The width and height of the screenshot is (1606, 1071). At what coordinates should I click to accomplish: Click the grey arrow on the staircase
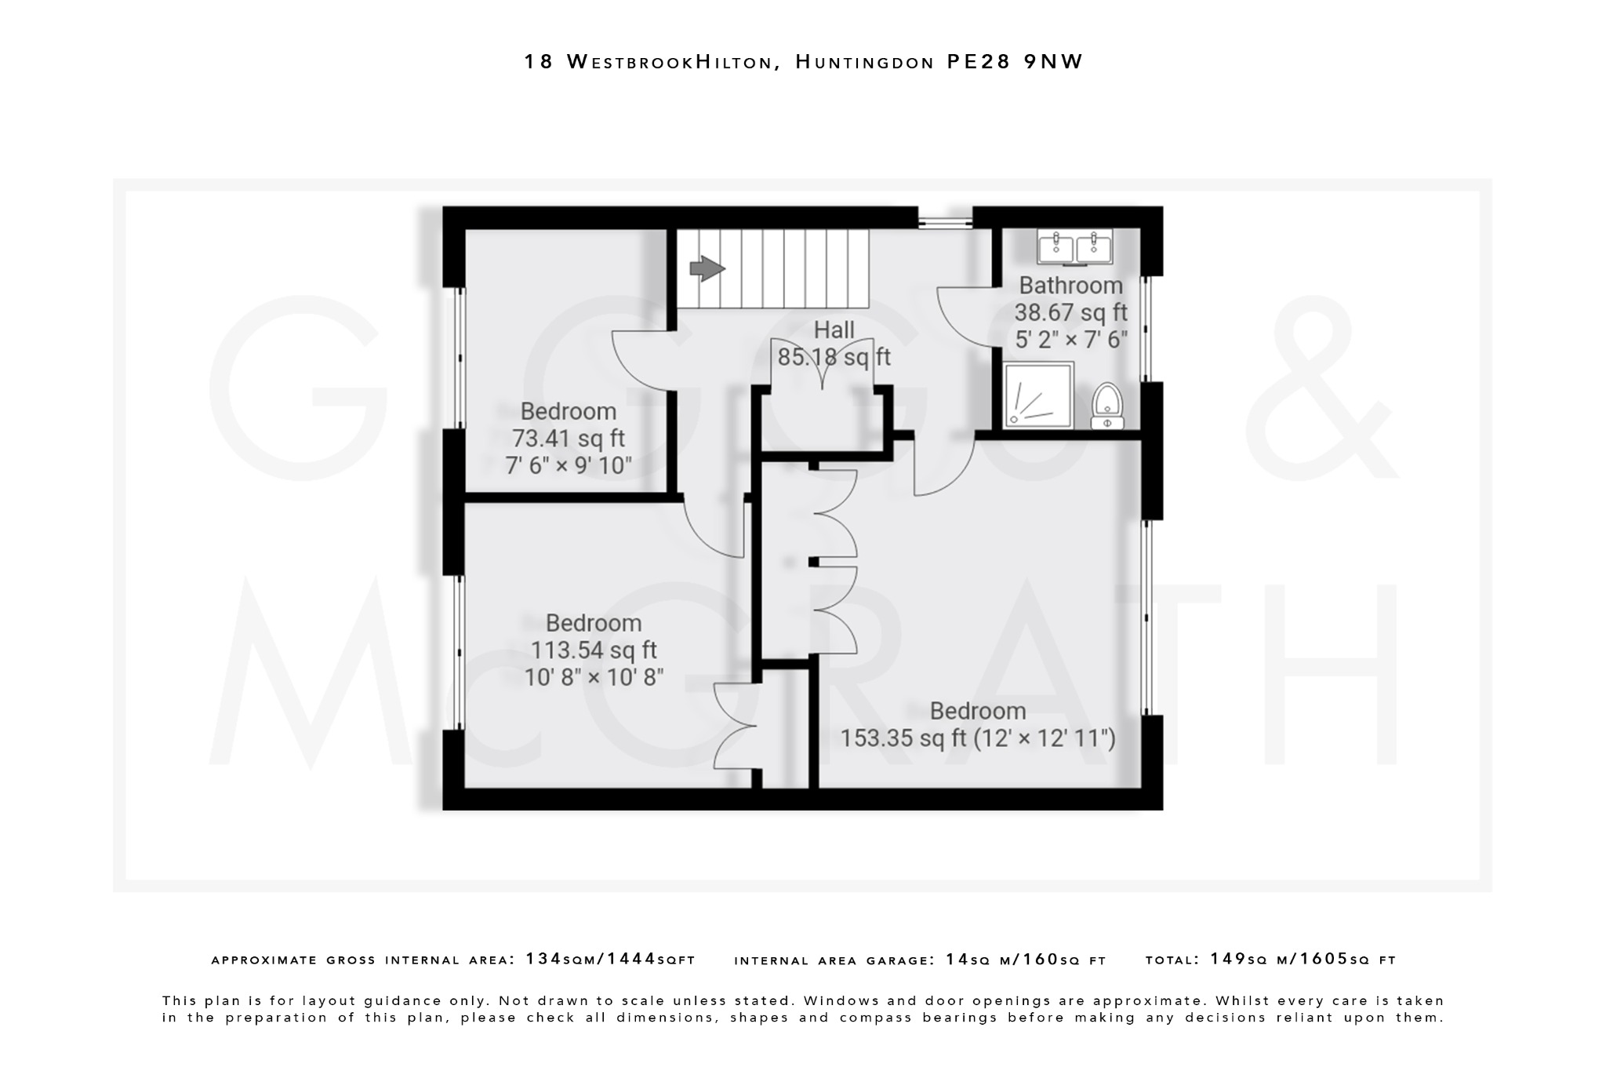pos(707,269)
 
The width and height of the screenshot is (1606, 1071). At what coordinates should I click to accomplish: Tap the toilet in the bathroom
pos(1106,406)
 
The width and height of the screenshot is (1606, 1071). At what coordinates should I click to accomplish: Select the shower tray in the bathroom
pos(1038,395)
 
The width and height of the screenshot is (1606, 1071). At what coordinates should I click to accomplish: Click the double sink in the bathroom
pos(1074,247)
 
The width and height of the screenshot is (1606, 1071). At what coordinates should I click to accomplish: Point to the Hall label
pos(834,330)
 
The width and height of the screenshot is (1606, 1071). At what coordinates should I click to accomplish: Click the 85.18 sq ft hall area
pos(834,358)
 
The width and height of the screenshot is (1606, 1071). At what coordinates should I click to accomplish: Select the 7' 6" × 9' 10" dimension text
pos(569,465)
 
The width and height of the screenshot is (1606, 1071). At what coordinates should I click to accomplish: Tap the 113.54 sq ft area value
pos(594,650)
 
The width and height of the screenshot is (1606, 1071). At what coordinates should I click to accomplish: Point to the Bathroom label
pos(1070,286)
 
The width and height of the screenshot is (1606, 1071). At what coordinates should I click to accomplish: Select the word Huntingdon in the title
pos(864,62)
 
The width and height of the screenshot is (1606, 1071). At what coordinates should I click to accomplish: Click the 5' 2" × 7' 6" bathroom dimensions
pos(1070,340)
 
